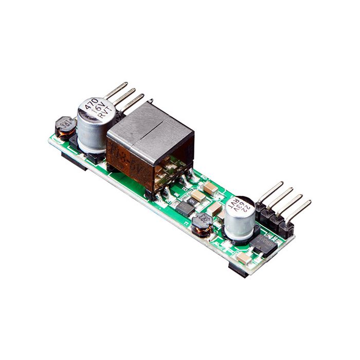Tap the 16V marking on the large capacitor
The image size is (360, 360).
pyautogui.click(x=98, y=112)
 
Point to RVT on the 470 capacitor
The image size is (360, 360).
pyautogui.click(x=103, y=119)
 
